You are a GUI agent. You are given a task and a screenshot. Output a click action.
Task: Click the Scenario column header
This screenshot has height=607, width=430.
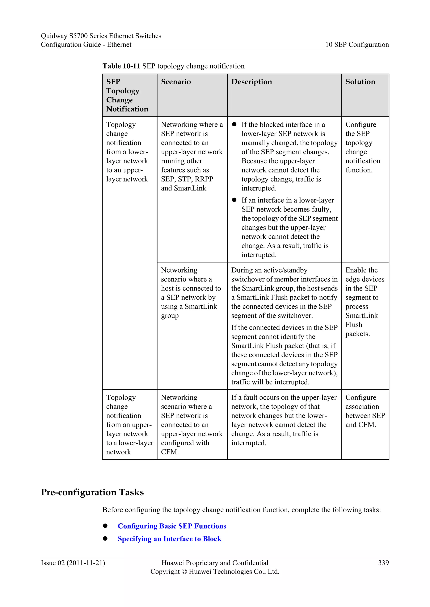176,82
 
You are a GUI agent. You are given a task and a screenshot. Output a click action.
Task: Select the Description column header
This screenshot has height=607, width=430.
252,82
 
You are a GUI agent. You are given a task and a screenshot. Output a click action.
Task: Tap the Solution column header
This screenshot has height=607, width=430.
360,82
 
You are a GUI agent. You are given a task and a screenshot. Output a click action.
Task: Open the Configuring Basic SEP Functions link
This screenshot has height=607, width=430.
172,526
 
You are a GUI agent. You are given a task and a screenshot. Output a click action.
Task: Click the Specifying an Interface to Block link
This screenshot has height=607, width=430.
169,539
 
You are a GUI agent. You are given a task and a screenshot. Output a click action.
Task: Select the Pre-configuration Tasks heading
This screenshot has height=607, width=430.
92,493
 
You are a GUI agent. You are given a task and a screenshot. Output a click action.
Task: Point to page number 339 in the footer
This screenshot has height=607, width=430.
383,563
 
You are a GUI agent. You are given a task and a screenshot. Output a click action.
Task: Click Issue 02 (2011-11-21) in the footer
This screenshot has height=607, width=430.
73,563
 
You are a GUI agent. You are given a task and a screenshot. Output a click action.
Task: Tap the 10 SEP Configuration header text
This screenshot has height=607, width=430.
357,45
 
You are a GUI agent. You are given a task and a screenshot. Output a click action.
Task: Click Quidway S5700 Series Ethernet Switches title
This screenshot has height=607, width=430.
101,36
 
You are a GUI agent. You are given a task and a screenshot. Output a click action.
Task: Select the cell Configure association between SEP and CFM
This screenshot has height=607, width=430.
365,411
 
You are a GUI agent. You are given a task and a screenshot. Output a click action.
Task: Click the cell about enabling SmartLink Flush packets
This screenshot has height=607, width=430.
365,302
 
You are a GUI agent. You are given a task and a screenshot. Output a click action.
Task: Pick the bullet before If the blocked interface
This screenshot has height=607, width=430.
234,124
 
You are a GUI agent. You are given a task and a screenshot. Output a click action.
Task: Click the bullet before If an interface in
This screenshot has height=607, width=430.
234,200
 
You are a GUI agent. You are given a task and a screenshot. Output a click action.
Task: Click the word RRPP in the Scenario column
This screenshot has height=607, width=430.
204,179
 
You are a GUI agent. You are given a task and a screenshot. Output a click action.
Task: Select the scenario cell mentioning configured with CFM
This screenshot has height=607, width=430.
192,425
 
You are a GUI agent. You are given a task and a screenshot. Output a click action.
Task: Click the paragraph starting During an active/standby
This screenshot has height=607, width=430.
284,293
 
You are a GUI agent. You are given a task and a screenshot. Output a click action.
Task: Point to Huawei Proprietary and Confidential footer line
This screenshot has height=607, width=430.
215,563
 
